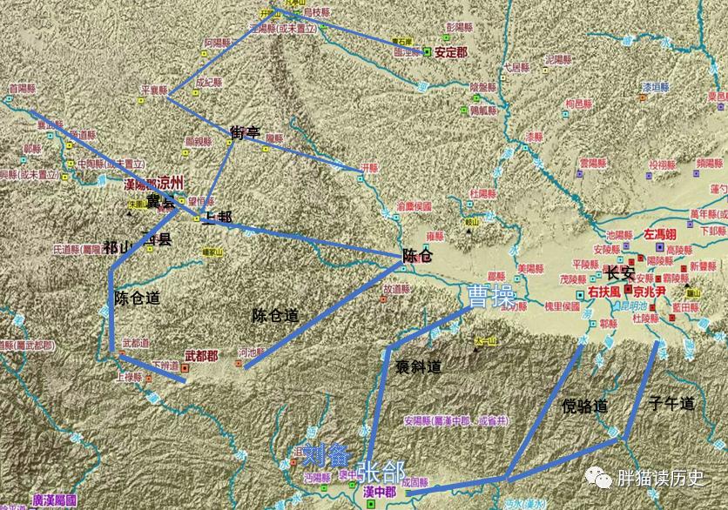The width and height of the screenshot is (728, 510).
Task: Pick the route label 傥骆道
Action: pyautogui.click(x=583, y=406)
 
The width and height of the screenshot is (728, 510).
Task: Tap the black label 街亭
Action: pyautogui.click(x=246, y=133)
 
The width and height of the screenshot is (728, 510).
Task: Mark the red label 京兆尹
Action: pyautogui.click(x=650, y=292)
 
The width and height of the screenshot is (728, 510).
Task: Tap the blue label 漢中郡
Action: pyautogui.click(x=380, y=493)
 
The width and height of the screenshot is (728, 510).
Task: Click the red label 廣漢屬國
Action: pyautogui.click(x=54, y=501)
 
